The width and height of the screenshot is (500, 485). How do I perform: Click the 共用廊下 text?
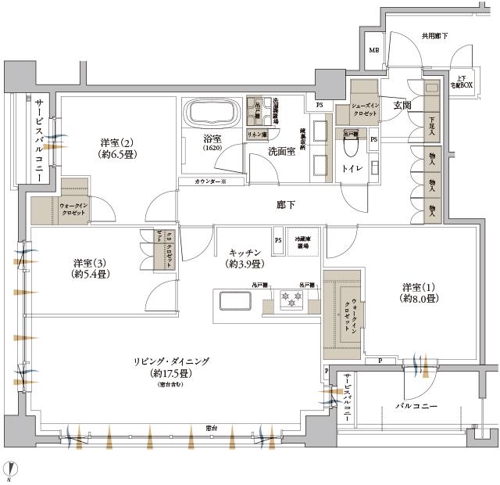tap(434, 36)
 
